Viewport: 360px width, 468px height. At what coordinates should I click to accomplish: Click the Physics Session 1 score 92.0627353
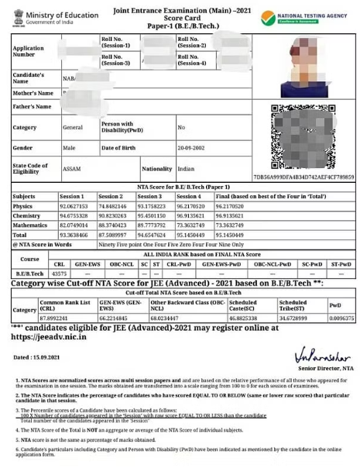(74, 207)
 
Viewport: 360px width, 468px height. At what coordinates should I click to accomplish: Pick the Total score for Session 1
(74, 234)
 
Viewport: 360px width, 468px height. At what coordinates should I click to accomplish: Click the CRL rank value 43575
(59, 274)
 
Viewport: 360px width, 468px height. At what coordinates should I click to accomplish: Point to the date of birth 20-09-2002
(190, 147)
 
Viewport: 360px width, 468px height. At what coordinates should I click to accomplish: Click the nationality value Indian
(186, 168)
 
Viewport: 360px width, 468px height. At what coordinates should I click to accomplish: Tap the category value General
(73, 127)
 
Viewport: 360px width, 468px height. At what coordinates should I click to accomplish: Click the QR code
(303, 137)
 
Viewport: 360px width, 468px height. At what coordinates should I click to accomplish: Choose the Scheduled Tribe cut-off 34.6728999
(297, 318)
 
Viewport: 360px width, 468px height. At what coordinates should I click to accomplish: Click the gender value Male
(69, 147)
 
